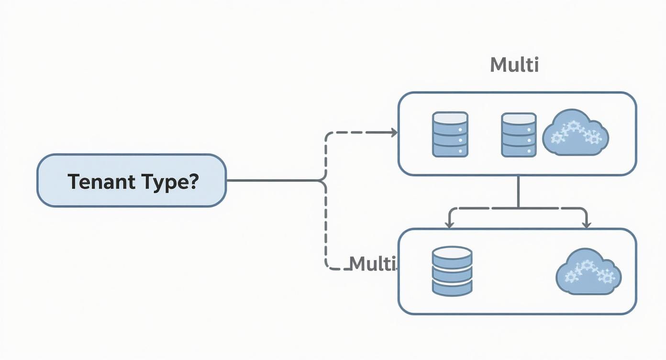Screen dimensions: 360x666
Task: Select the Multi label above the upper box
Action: tap(514, 65)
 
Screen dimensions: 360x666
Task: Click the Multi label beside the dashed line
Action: tap(373, 263)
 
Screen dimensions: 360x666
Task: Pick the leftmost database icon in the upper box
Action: tap(450, 135)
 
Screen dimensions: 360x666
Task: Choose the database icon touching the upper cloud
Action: tap(519, 135)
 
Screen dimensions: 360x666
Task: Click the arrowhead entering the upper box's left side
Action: tap(394, 133)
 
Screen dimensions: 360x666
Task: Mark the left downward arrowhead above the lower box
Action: tap(449, 224)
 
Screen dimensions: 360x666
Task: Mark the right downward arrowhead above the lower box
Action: tap(586, 224)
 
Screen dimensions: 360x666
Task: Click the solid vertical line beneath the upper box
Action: tap(518, 191)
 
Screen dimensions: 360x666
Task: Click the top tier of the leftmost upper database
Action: tap(450, 118)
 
